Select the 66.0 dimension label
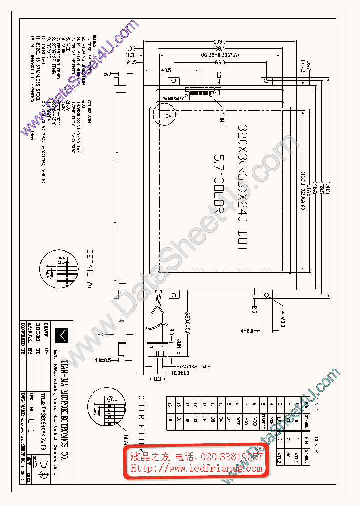(x=220, y=63)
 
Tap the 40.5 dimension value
(x=166, y=70)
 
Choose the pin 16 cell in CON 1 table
(x=170, y=404)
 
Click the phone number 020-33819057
(x=232, y=457)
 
